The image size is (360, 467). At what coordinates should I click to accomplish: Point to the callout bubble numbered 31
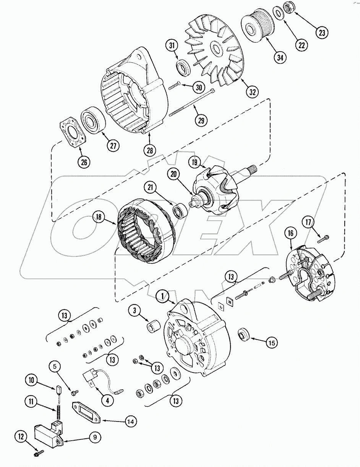point(172,46)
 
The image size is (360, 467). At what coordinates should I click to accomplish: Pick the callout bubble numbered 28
point(150,150)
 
